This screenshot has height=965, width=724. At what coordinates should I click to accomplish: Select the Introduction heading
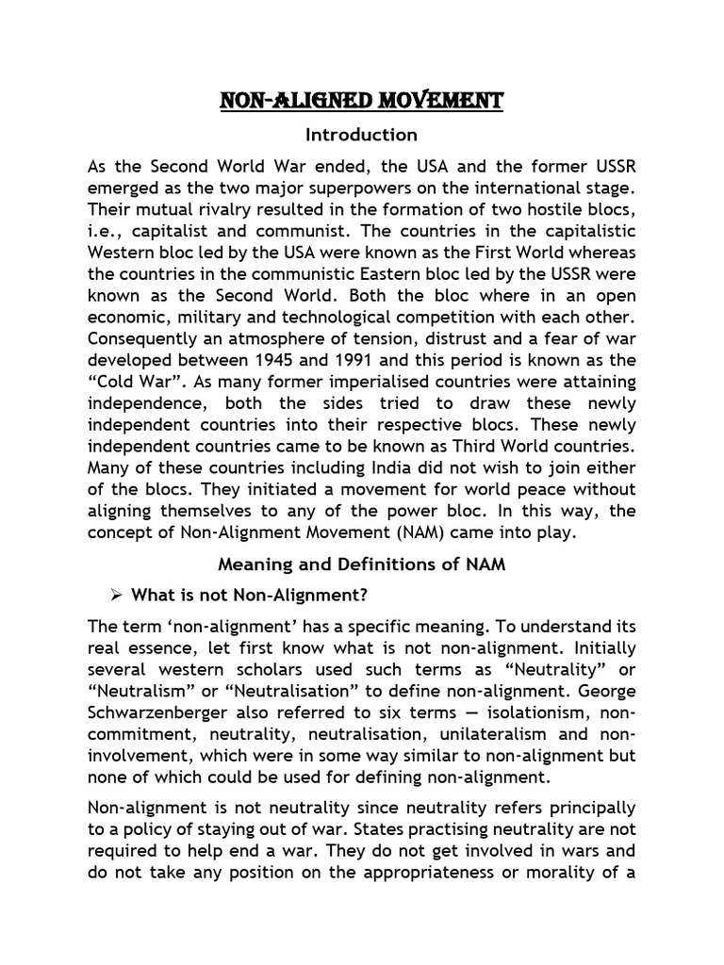(361, 135)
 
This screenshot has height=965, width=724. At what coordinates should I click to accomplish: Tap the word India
(376, 468)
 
